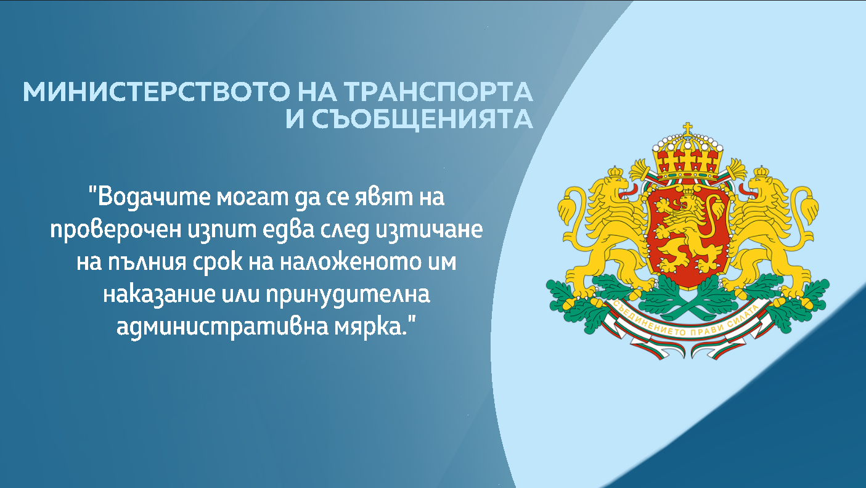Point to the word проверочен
click(x=115, y=230)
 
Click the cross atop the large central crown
click(x=688, y=130)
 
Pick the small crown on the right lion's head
click(x=762, y=171)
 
